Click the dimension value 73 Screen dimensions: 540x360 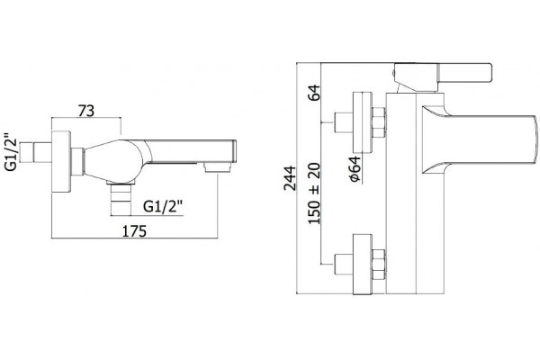click(x=86, y=112)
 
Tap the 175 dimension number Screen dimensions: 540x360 click(x=135, y=231)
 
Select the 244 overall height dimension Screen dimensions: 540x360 click(x=290, y=178)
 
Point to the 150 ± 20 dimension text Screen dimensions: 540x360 click(x=314, y=193)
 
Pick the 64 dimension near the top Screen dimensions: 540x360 click(x=314, y=93)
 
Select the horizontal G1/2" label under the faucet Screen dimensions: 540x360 click(x=163, y=207)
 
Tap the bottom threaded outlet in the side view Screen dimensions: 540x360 click(x=121, y=199)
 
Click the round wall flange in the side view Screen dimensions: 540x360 click(x=61, y=162)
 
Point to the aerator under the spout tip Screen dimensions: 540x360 click(x=217, y=167)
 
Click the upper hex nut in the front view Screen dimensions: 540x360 click(x=379, y=122)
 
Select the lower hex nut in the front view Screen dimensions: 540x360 click(x=379, y=265)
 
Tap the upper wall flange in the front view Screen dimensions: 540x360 click(x=363, y=122)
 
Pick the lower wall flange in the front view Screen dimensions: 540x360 click(x=363, y=265)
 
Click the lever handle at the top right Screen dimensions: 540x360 click(x=465, y=73)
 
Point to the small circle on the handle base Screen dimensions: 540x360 click(x=393, y=73)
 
